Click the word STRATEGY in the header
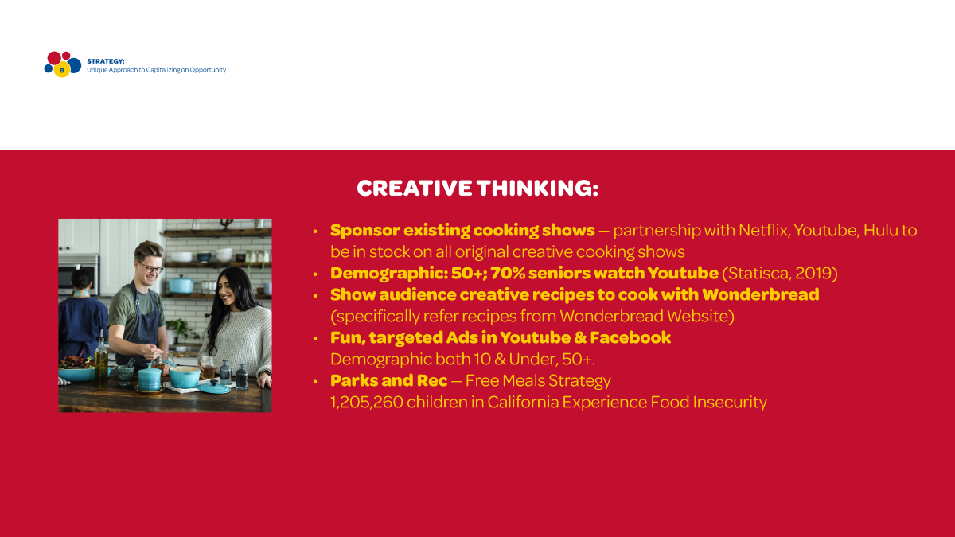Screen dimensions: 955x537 tap(105, 61)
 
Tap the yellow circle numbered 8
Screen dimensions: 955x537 tap(62, 70)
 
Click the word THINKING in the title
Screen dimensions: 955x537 tap(538, 188)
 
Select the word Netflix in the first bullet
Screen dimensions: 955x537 tap(765, 230)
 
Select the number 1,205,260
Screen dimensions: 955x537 tap(367, 403)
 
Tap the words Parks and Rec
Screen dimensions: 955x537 tap(389, 380)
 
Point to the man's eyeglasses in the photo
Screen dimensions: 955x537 tap(150, 268)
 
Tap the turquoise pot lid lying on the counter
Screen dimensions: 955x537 tap(214, 387)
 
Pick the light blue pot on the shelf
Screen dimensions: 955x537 tap(181, 284)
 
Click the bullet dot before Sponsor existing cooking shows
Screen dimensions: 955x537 tap(315, 232)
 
